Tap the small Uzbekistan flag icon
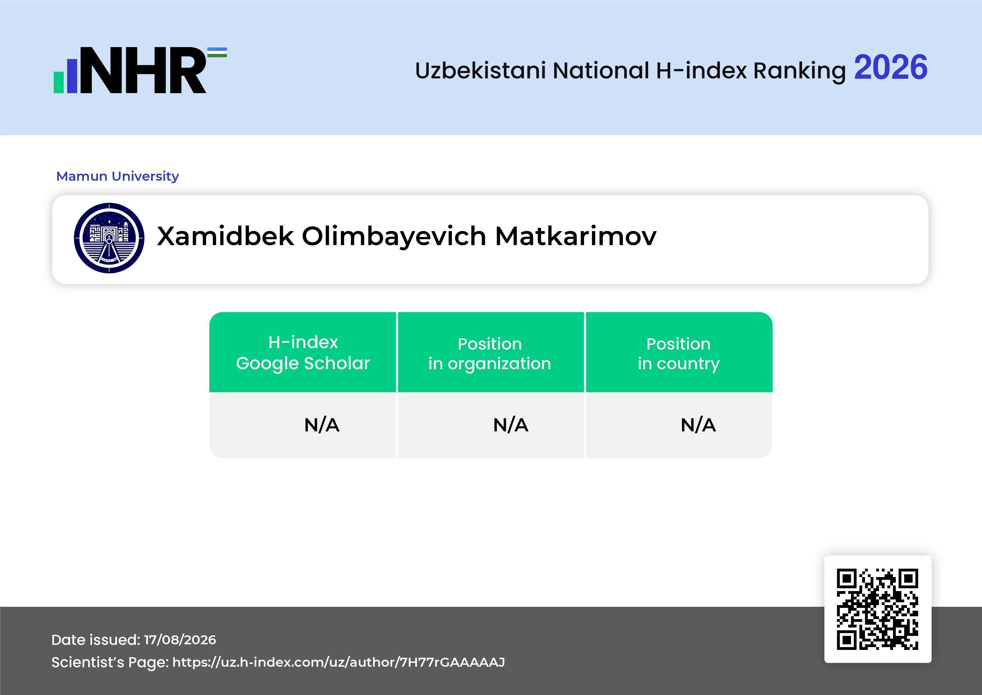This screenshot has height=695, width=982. tap(217, 52)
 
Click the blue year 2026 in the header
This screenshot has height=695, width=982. tap(890, 68)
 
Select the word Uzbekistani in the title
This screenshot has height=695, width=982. tap(480, 70)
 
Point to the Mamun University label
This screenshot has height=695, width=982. tap(118, 176)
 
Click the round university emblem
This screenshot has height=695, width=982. tap(109, 238)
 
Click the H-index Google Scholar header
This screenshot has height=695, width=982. tap(303, 353)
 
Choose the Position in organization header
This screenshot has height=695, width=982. tap(490, 354)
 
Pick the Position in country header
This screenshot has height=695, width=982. tap(678, 354)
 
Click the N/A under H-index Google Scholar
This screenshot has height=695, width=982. tap(322, 425)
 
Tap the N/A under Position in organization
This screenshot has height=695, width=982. tap(511, 425)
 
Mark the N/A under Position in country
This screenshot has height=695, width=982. tap(698, 425)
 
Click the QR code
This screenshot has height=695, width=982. tap(878, 609)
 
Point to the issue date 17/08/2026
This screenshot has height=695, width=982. tap(180, 640)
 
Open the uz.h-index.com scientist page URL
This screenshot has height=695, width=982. tap(338, 662)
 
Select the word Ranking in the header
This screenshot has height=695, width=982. tap(799, 71)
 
